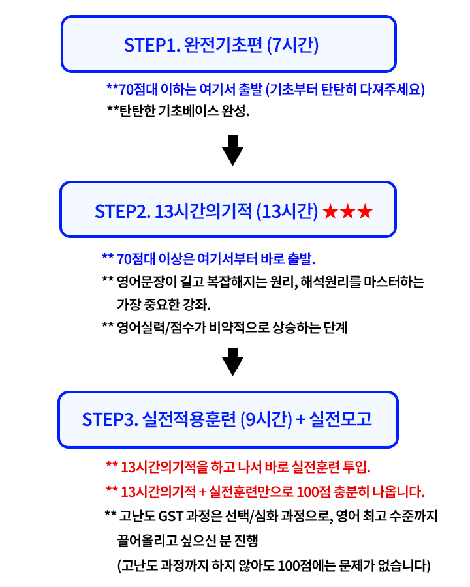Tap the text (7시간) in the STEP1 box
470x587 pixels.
pos(294,46)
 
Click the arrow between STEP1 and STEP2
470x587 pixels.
pos(232,151)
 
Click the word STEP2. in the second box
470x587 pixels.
pos(123,212)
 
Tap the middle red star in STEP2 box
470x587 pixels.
pos(347,212)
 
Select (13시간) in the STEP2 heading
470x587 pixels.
pos(288,212)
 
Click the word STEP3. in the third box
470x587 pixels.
pos(110,419)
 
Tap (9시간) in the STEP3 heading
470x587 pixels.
pos(266,419)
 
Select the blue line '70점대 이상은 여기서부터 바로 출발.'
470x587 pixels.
pos(209,259)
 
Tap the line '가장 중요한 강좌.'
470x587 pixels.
pos(164,305)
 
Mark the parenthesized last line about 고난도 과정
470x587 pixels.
pos(274,564)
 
